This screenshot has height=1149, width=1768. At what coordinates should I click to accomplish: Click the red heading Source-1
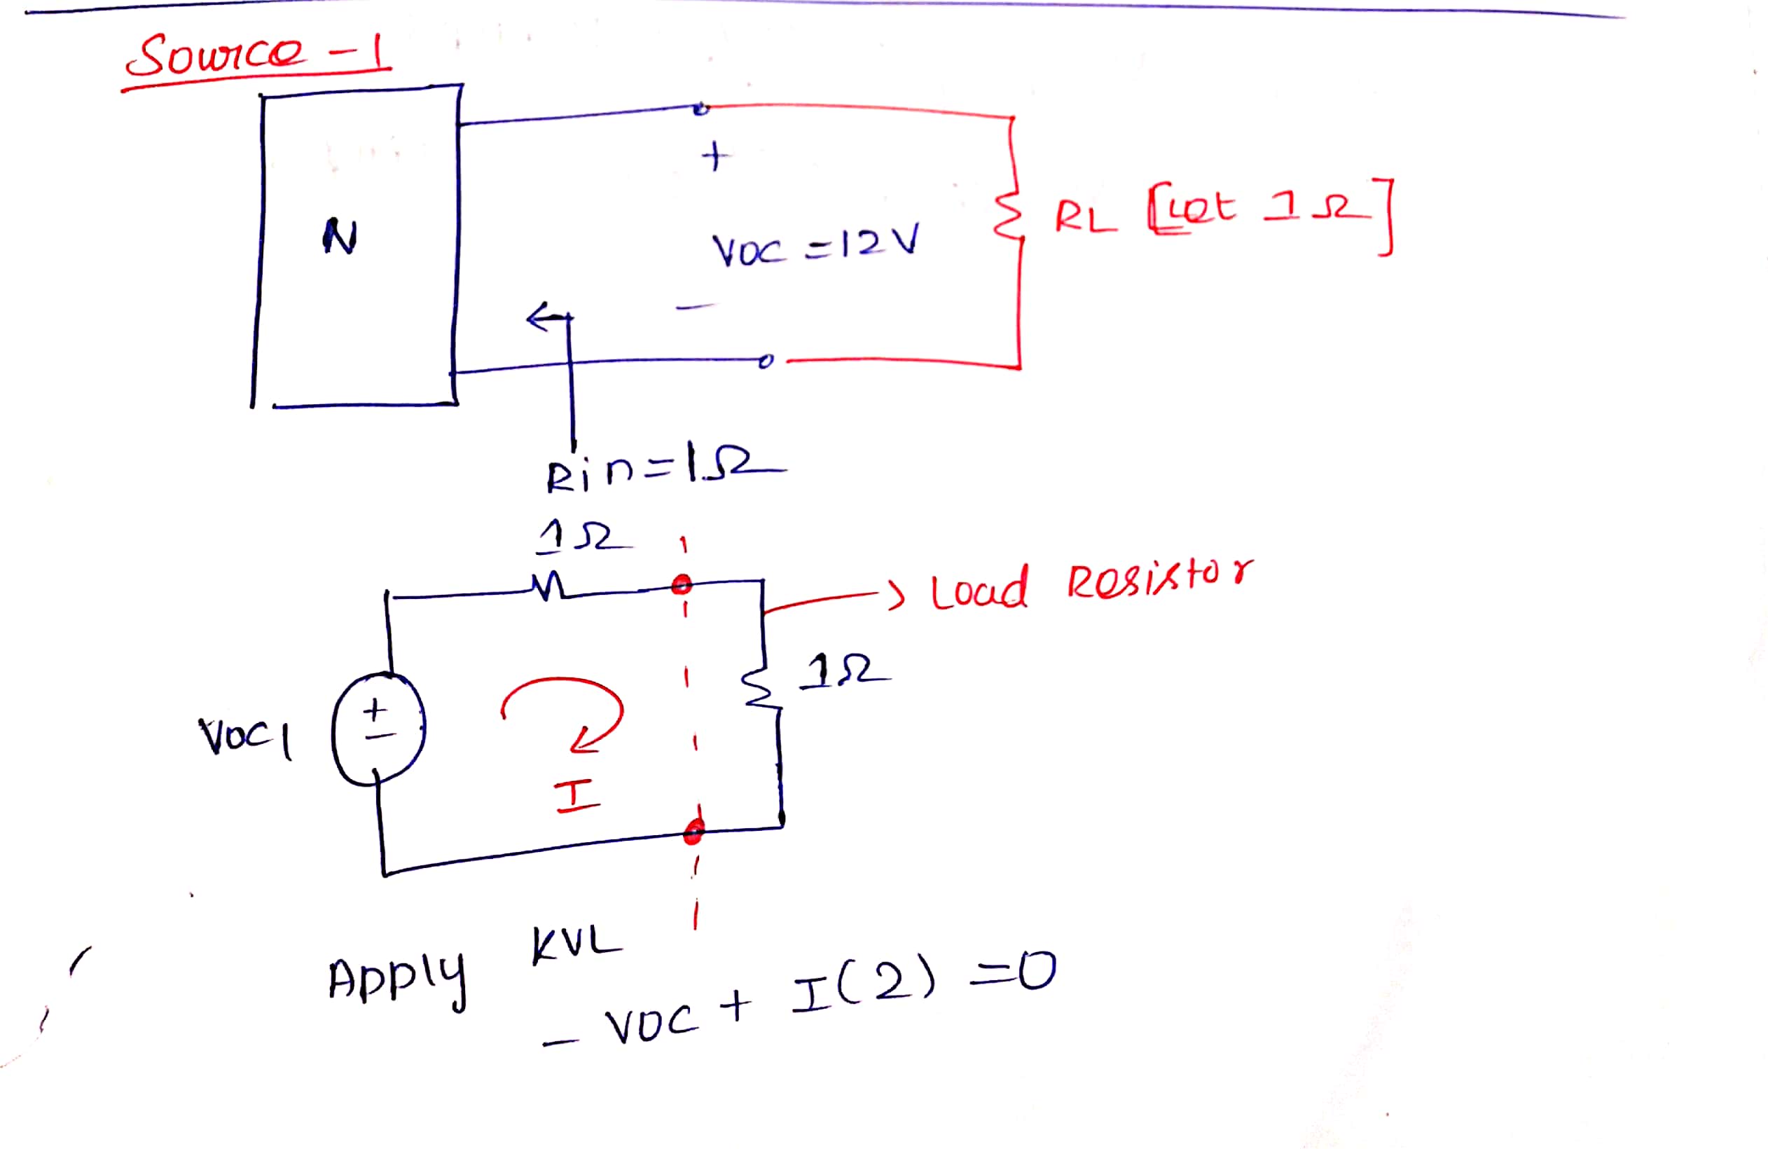[256, 56]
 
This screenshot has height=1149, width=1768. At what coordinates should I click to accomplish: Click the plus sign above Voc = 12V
[714, 157]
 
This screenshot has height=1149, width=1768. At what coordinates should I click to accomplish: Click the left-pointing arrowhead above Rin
[537, 318]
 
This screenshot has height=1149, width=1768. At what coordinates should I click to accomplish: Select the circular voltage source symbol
[379, 729]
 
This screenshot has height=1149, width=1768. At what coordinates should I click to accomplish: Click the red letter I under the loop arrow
[577, 797]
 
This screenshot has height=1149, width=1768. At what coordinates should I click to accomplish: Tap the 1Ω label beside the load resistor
[843, 671]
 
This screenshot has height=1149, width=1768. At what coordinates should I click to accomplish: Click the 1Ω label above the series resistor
[583, 537]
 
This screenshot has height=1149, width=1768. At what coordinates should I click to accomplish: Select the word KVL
[576, 944]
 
